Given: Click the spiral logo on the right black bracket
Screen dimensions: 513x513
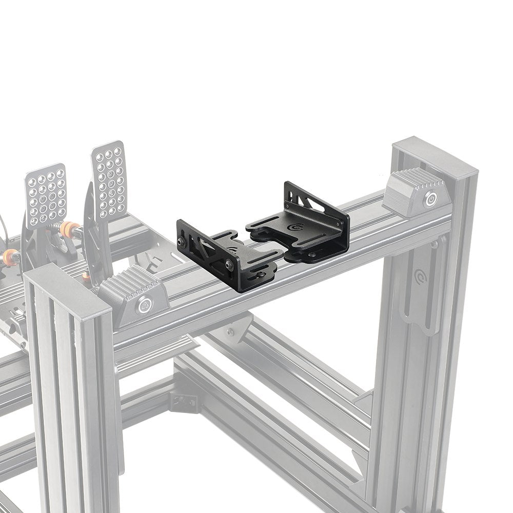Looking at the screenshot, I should click(296, 227).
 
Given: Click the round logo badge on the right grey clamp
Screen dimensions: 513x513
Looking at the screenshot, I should click(430, 199).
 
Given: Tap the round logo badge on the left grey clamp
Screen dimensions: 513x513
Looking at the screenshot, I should click(144, 306).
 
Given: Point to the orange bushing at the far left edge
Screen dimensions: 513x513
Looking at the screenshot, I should click(10, 256).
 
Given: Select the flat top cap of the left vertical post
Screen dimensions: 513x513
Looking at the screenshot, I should click(67, 285).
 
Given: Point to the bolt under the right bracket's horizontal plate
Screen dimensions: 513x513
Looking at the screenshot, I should click(312, 254).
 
